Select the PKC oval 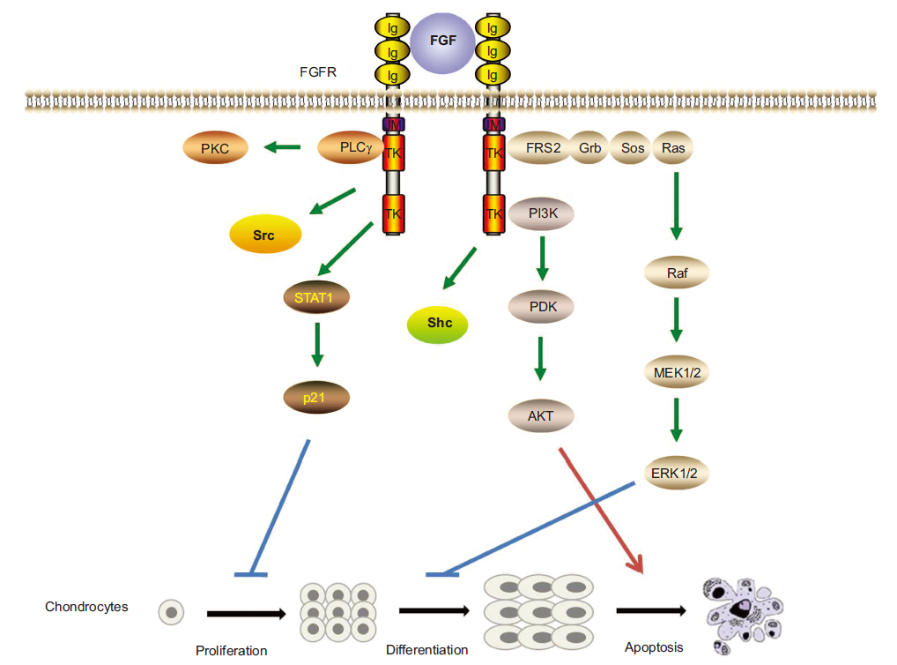[215, 148]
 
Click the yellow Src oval [264, 235]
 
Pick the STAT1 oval [315, 296]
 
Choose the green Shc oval [438, 324]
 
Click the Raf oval [677, 273]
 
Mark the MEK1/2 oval [677, 374]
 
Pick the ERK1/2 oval [677, 473]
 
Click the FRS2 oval [538, 148]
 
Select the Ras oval [674, 148]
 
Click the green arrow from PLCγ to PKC [283, 148]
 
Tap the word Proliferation [231, 651]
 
